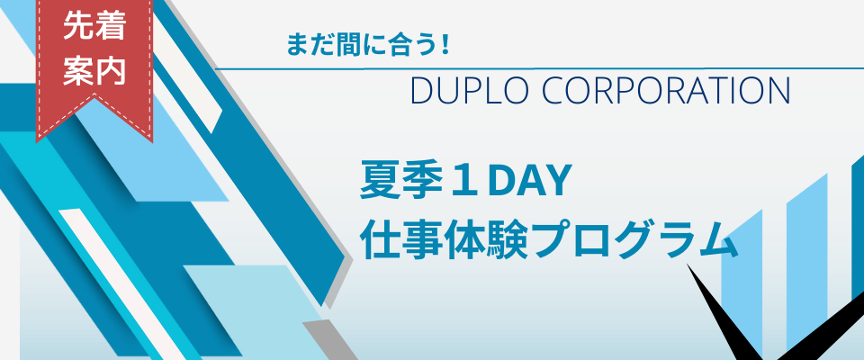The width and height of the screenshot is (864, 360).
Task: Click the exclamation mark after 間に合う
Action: pos(444,45)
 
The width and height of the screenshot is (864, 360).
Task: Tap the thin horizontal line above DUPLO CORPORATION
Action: pos(539,69)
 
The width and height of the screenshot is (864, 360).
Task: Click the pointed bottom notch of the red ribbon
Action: pos(94,97)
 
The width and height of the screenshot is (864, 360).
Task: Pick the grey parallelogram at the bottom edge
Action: pos(330,339)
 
